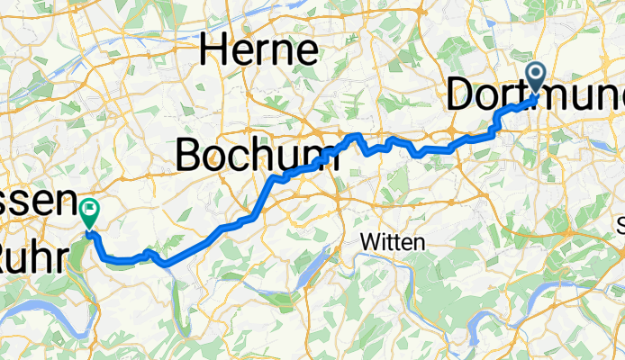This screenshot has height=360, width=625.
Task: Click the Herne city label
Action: tap(259, 49)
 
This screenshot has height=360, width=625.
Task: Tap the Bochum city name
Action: tap(257, 155)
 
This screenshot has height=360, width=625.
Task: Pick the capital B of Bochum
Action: tap(189, 155)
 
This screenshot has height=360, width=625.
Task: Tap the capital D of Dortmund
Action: tap(463, 96)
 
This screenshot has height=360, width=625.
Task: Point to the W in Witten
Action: tap(368, 241)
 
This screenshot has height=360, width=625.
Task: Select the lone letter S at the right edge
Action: tap(620, 222)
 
